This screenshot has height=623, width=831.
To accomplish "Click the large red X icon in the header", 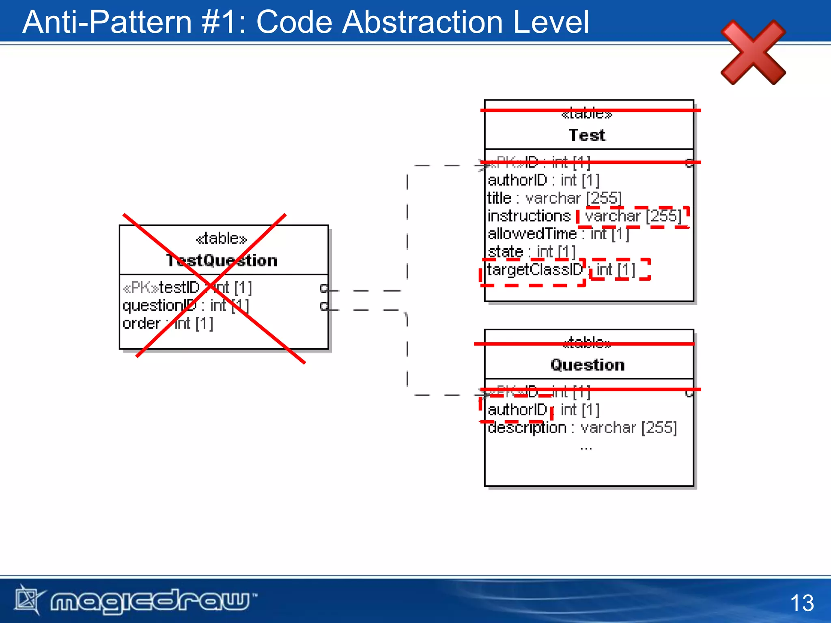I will pyautogui.click(x=753, y=52).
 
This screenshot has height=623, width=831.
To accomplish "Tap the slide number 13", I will pyautogui.click(x=802, y=603).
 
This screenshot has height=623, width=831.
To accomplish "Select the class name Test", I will pyautogui.click(x=587, y=135).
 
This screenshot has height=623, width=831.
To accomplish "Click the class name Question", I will pyautogui.click(x=587, y=365).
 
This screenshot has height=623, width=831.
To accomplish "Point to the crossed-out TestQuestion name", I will pyautogui.click(x=222, y=260).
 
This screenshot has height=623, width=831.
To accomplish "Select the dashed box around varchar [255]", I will pyautogui.click(x=633, y=217).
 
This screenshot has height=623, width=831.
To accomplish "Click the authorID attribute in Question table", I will pyautogui.click(x=518, y=410).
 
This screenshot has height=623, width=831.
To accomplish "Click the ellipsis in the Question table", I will pyautogui.click(x=586, y=448).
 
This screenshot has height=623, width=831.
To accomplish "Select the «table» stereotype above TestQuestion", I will pyautogui.click(x=222, y=238).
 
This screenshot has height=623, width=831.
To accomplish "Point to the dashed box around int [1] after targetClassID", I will pyautogui.click(x=620, y=270).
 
